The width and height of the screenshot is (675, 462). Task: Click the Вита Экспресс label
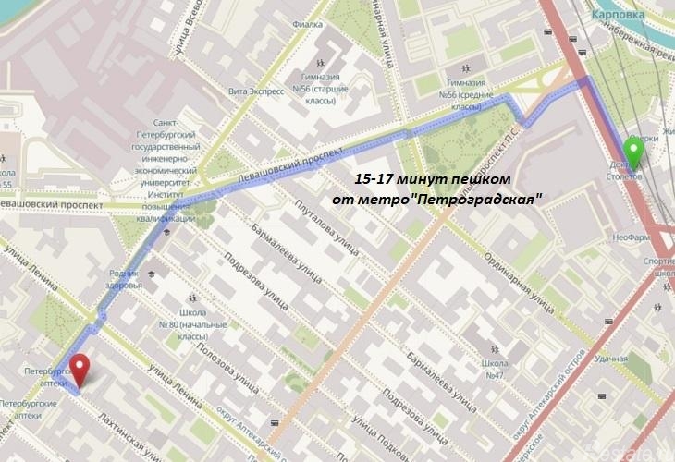(x=252, y=91)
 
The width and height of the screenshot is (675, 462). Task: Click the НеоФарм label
(x=631, y=237)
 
